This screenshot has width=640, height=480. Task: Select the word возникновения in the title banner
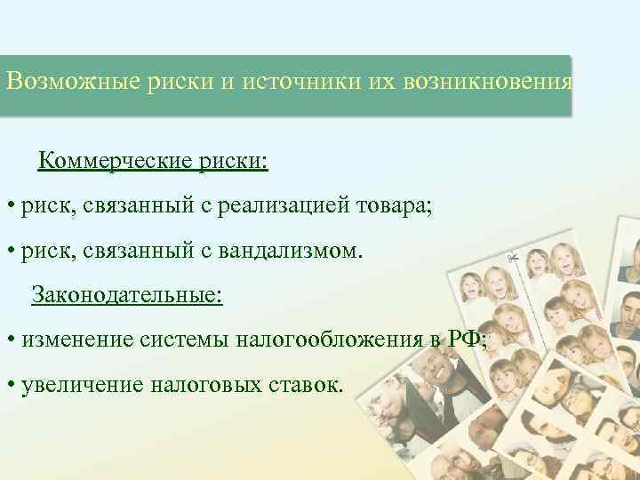coord(485,84)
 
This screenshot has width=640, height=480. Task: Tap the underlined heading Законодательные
coord(126,293)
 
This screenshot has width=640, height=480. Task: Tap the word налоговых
coord(202,384)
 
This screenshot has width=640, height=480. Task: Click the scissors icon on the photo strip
coord(513,259)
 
